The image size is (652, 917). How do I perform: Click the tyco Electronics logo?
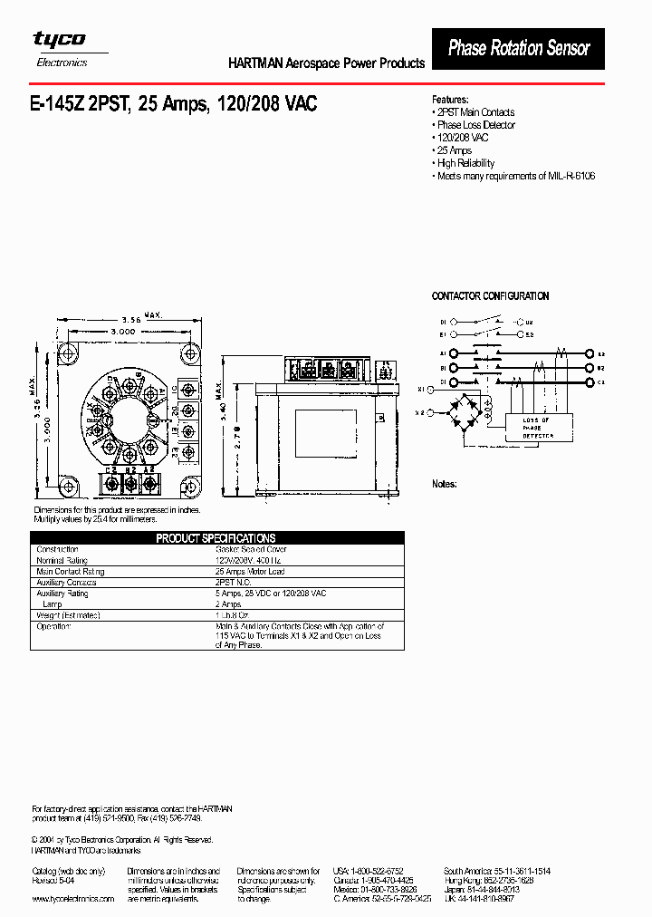61,47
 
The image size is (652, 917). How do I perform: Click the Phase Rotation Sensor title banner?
519,48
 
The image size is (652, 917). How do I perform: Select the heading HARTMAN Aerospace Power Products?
325,63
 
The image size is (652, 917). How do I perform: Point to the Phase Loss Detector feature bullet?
475,125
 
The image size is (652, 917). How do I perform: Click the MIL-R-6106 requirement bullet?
515,176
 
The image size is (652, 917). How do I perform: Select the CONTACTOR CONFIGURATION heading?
490,296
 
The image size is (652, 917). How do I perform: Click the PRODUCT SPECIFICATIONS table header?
216,538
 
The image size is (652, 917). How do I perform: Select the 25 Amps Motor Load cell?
250,572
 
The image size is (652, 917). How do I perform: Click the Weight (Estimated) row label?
68,615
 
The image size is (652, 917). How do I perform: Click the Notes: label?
444,484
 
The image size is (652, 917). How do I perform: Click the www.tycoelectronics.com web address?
73,899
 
